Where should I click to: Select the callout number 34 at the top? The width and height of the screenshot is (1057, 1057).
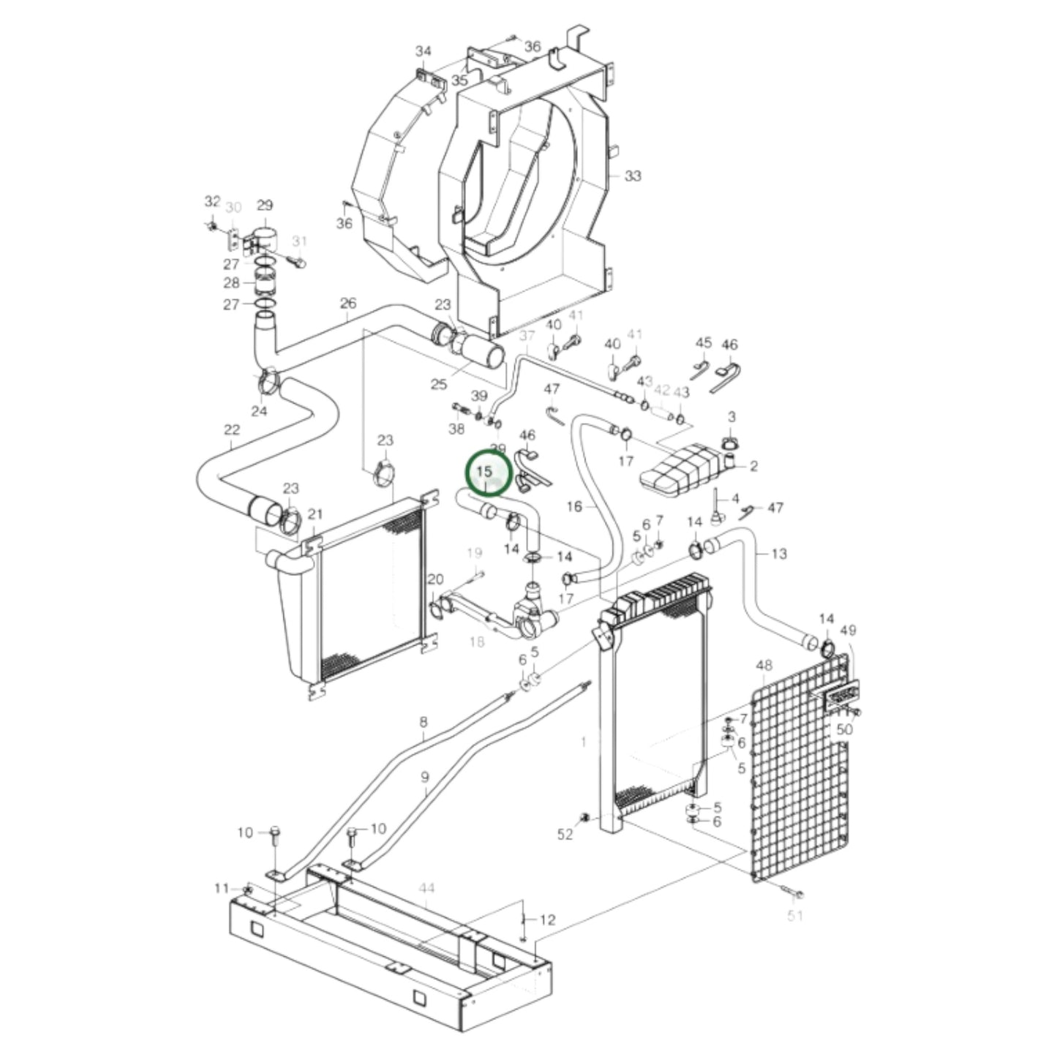(424, 51)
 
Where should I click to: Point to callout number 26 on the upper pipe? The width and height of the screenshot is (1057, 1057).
(348, 303)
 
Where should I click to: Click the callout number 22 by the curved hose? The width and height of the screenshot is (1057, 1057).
(231, 429)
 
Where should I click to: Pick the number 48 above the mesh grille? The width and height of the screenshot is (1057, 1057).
(764, 666)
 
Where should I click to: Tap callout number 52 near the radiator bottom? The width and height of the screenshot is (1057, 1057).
(565, 835)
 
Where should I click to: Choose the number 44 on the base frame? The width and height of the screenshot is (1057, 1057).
(426, 888)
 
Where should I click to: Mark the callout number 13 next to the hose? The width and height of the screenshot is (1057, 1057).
(779, 554)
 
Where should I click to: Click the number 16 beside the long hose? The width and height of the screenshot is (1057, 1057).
(575, 506)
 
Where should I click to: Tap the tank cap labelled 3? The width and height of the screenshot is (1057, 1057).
(731, 443)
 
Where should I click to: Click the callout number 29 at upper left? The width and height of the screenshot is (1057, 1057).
(264, 206)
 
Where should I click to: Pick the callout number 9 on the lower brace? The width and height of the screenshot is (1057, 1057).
(426, 778)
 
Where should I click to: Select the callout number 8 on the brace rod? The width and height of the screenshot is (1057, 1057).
(424, 723)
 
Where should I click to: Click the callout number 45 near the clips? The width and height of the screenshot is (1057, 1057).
(703, 343)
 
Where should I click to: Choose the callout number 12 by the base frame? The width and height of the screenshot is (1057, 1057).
(547, 919)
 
